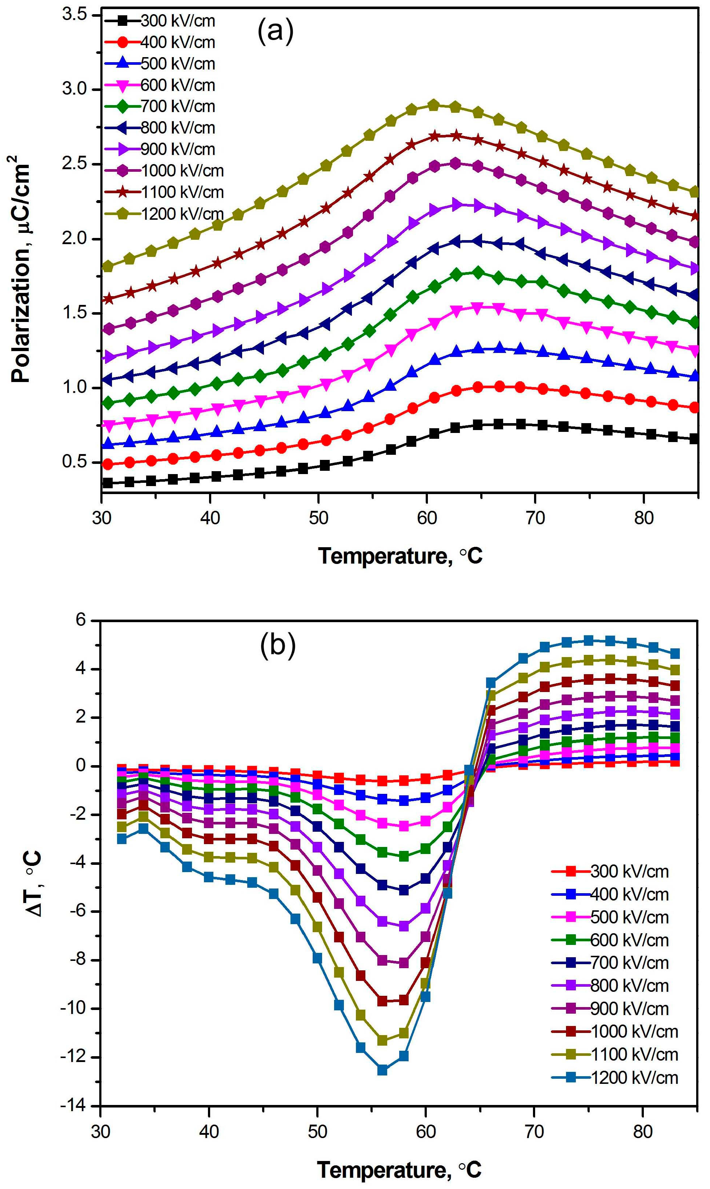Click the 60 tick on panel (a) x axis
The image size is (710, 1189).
point(427,518)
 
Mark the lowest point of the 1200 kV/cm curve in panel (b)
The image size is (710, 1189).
point(382,1070)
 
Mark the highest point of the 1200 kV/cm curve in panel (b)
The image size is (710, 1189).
point(589,640)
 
